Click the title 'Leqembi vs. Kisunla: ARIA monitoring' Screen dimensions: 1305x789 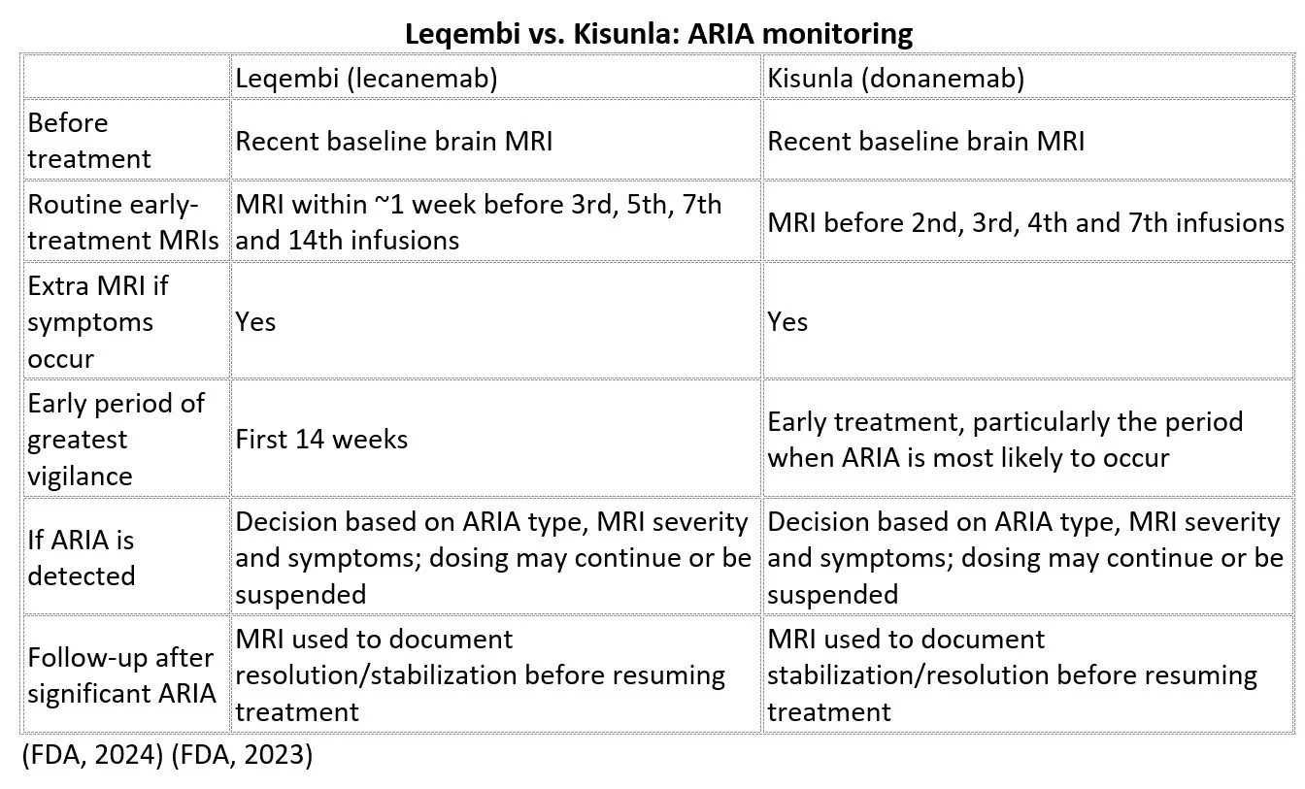pos(658,34)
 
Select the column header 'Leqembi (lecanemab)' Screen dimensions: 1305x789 pos(366,78)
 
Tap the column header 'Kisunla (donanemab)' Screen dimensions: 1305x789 pos(895,78)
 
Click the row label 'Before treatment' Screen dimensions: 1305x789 pos(89,141)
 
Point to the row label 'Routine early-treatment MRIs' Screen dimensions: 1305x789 pos(123,222)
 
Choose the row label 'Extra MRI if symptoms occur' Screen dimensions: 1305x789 pos(98,321)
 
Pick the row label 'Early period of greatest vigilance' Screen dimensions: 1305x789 pos(116,439)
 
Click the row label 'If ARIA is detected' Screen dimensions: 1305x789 pos(81,557)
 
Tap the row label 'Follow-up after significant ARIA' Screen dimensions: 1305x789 pos(121,674)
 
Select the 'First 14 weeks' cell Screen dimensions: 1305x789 pos(321,439)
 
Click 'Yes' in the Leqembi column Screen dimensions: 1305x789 pos(255,321)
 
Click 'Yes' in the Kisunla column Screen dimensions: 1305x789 pos(787,321)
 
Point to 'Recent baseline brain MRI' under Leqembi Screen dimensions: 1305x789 pos(394,141)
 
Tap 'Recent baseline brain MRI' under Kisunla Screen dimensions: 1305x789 pos(925,141)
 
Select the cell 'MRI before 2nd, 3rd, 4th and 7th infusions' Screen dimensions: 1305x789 pos(1026,222)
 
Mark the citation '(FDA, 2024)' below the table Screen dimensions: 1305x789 pos(92,755)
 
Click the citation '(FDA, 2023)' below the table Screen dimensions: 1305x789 pos(242,755)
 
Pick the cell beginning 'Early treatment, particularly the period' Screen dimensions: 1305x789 pos(1005,439)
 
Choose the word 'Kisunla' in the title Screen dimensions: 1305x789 pos(623,34)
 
